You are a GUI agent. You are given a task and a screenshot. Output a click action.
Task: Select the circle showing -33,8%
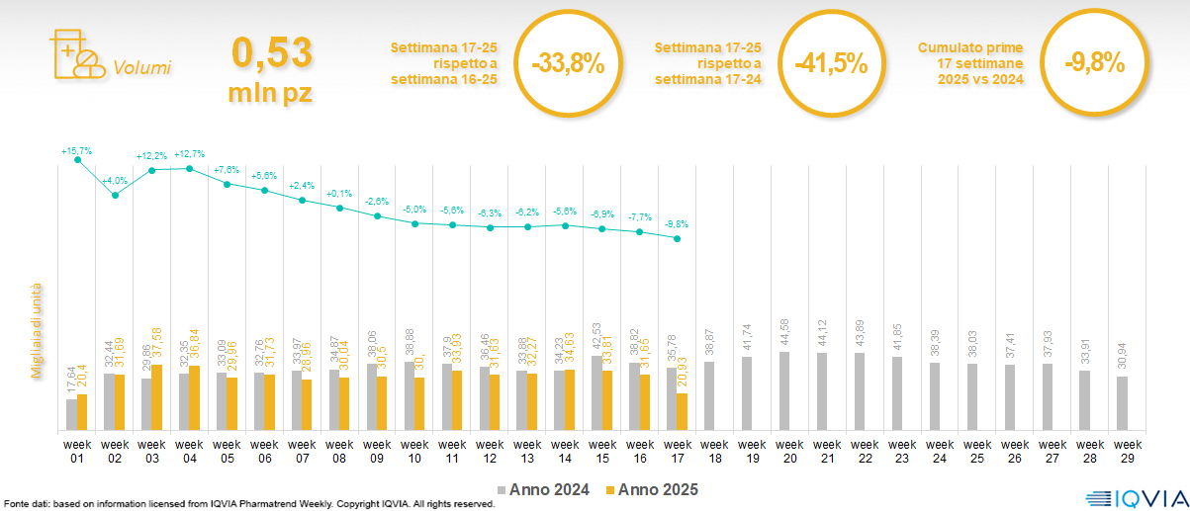[567, 65]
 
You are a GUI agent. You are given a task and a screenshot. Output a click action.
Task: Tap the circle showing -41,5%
[831, 65]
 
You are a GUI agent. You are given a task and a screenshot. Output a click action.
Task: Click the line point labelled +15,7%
[78, 160]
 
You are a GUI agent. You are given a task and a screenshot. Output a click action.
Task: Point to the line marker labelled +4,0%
[116, 196]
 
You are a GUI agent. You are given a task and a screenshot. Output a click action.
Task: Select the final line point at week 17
[677, 238]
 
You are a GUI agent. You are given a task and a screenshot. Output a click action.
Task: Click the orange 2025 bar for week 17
[682, 411]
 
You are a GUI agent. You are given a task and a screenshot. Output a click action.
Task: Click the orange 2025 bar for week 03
[157, 397]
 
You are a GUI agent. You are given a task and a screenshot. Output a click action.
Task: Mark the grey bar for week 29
[1122, 403]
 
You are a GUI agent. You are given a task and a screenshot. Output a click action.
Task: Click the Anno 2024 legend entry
[543, 489]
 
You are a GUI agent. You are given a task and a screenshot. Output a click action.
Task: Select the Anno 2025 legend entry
[652, 489]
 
